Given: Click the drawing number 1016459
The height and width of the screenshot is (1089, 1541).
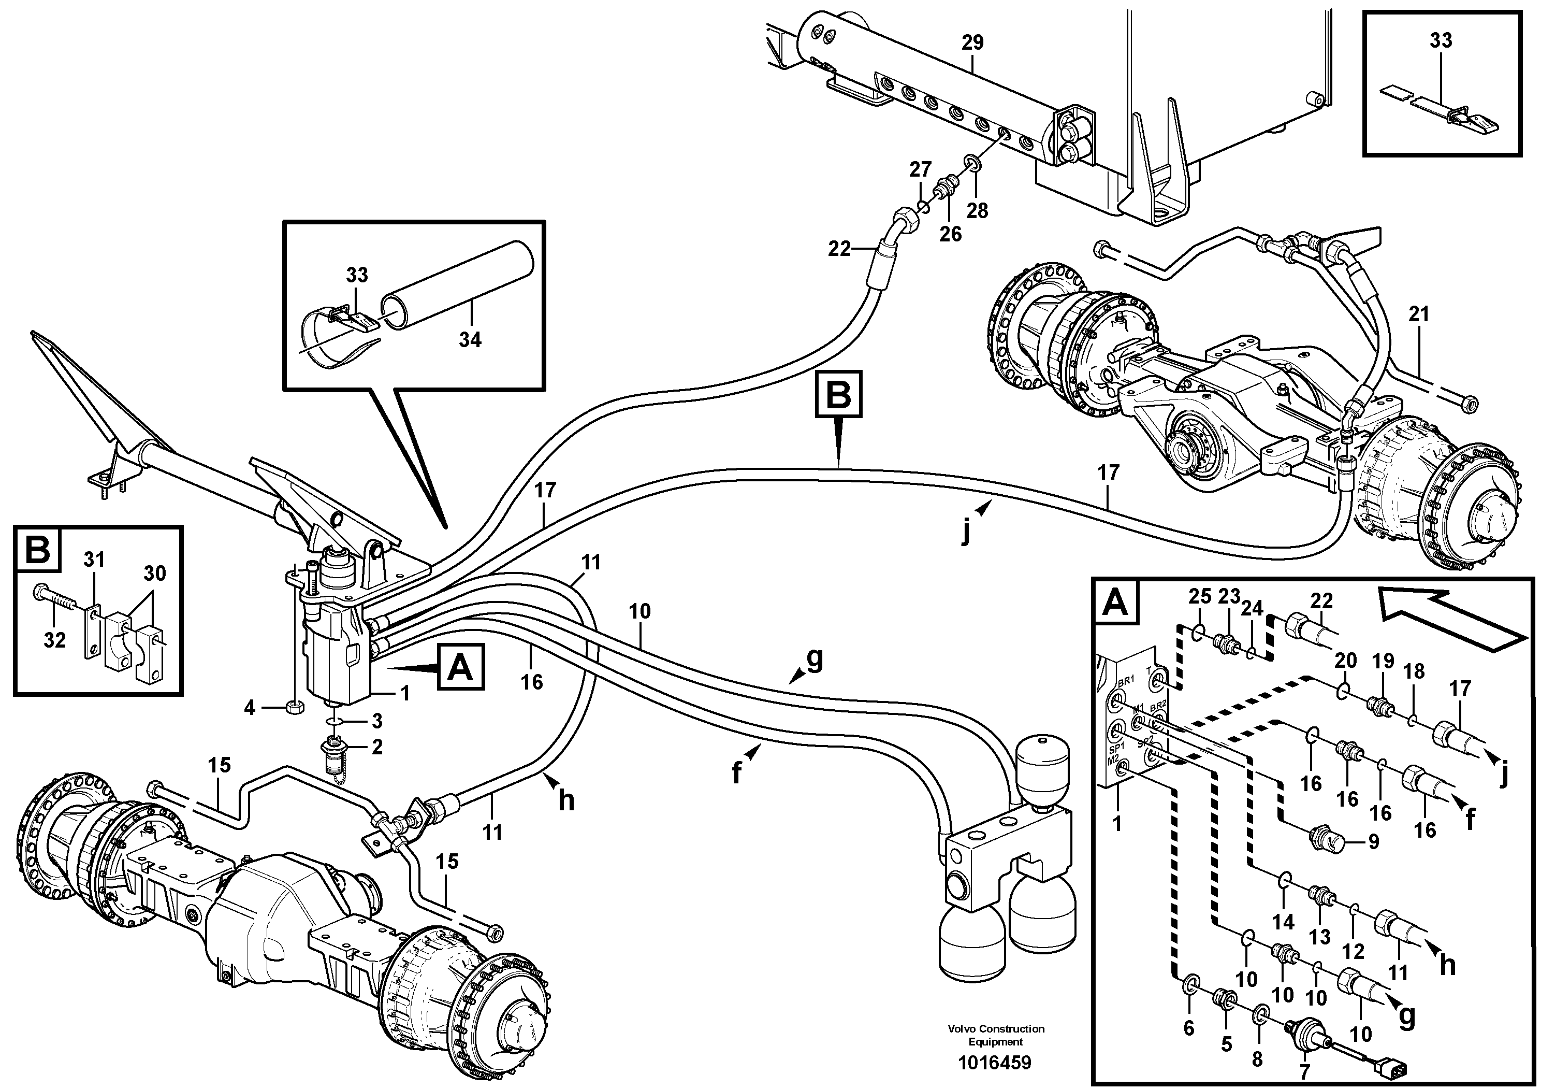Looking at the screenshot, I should coord(995,1063).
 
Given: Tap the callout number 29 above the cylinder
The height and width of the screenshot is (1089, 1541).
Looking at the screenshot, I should coord(972,43).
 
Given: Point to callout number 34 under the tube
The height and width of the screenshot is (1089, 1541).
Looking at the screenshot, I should coord(470,340).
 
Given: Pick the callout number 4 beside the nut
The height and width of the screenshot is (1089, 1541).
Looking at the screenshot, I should coord(250,707).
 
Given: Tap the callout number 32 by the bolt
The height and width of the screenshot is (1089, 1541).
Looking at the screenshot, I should coord(55,640).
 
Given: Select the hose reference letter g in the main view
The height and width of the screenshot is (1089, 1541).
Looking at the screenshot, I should coord(814,661).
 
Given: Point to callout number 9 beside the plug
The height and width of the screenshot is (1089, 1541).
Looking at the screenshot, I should coord(1373,841).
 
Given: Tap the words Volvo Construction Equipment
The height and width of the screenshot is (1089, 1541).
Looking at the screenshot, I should coord(995,1034).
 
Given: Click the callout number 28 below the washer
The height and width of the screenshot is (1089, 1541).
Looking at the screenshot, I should coord(977,211).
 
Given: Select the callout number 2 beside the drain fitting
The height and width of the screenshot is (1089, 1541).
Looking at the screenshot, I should coord(377,747).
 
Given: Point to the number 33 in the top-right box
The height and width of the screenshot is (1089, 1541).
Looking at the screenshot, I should coord(1441,40).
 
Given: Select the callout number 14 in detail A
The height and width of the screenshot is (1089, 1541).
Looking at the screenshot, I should coord(1283,922).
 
